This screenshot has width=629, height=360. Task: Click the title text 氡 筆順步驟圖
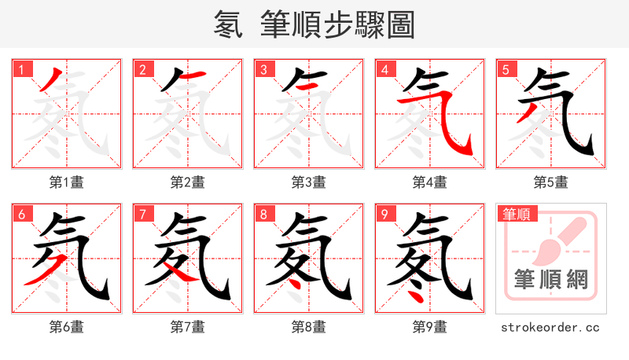click(x=314, y=24)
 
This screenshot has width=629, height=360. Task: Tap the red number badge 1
click(x=21, y=69)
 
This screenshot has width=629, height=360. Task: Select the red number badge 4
click(x=384, y=69)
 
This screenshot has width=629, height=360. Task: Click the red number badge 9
click(x=384, y=214)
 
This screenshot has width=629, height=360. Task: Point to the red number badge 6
click(x=21, y=214)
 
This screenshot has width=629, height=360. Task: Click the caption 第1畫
click(x=67, y=182)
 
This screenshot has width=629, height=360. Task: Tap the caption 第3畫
click(x=309, y=182)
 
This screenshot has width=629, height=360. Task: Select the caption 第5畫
click(x=551, y=182)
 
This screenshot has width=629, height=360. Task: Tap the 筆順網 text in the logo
click(x=551, y=280)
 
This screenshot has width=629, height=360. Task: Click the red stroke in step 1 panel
click(x=50, y=80)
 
